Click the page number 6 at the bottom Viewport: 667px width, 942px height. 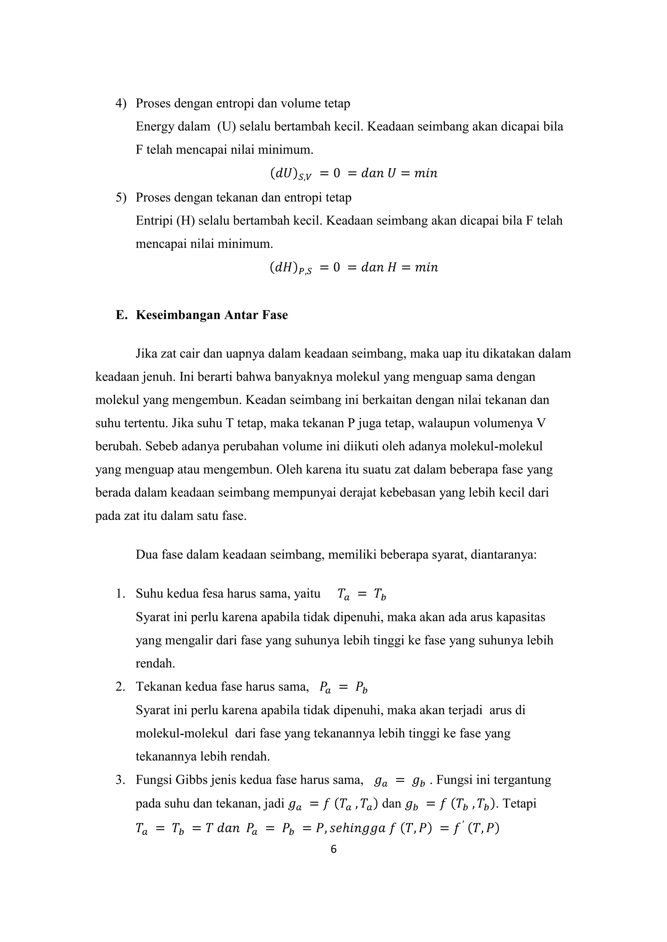333,849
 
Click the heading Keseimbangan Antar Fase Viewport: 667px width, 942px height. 211,315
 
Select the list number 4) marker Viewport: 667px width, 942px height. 121,103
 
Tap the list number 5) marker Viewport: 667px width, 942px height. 121,198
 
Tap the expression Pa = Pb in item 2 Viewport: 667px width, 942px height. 343,687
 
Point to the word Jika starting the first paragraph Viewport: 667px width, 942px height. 146,354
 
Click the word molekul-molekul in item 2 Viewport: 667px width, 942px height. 181,733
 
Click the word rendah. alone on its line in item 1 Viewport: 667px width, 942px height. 155,664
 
